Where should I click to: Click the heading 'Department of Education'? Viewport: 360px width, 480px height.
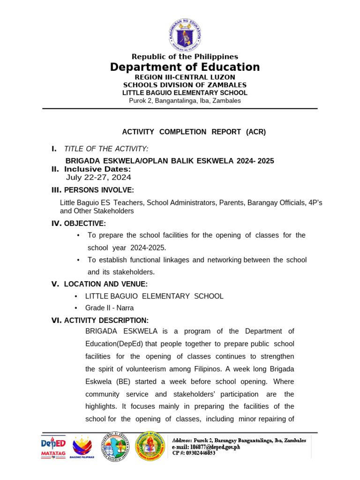point(185,67)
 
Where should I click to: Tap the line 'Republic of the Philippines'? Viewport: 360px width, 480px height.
point(185,57)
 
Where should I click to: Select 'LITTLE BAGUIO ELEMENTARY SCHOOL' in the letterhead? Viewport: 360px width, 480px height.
point(185,93)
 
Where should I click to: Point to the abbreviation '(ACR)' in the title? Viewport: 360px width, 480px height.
point(256,132)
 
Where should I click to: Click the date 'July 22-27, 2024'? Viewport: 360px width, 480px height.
point(98,177)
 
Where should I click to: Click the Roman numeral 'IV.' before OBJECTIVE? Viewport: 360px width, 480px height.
point(56,224)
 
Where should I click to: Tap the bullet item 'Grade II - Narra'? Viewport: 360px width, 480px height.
point(109,308)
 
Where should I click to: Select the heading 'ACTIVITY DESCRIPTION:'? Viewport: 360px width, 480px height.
point(106,320)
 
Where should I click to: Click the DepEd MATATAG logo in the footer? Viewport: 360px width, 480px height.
point(53,447)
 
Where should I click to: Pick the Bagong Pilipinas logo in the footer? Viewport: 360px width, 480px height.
point(82,447)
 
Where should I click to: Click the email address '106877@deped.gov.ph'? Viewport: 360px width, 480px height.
point(216,447)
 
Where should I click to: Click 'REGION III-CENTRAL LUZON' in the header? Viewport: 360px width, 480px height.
point(185,77)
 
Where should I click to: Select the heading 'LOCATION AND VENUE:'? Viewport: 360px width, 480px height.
point(105,284)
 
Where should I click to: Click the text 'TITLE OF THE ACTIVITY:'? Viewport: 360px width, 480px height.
point(106,149)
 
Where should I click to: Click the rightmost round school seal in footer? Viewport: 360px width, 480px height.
point(150,446)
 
